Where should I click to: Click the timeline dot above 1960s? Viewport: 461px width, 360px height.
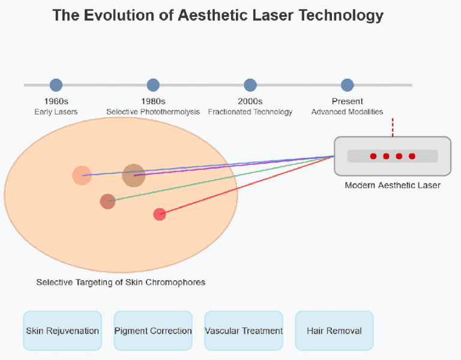pos(56,85)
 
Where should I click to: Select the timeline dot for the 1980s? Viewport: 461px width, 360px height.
pos(153,85)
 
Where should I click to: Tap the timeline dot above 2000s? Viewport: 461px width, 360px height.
pos(250,85)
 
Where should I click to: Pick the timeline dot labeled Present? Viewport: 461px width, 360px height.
pos(347,85)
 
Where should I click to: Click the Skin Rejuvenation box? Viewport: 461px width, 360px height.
pos(62,331)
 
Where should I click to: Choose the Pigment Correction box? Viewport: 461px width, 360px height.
pos(153,331)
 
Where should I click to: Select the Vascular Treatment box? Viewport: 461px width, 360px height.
pos(244,331)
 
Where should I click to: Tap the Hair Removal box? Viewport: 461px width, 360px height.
pos(334,331)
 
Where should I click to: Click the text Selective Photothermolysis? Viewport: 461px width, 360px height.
pos(153,112)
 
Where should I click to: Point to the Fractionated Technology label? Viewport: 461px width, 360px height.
pos(250,112)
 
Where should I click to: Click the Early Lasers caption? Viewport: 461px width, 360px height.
pos(56,112)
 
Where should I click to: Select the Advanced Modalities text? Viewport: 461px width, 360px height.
pos(347,112)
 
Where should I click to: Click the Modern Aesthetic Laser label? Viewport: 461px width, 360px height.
pos(393,185)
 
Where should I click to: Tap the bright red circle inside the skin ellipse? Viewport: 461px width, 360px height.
pos(159,214)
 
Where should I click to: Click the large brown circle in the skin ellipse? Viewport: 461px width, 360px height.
pos(134,175)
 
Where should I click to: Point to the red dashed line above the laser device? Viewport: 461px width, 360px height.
pos(393,127)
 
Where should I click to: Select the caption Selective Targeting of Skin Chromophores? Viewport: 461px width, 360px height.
pos(121,282)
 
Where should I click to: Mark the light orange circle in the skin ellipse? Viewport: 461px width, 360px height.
pos(82,175)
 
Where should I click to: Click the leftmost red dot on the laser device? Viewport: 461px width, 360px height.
pos(373,156)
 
